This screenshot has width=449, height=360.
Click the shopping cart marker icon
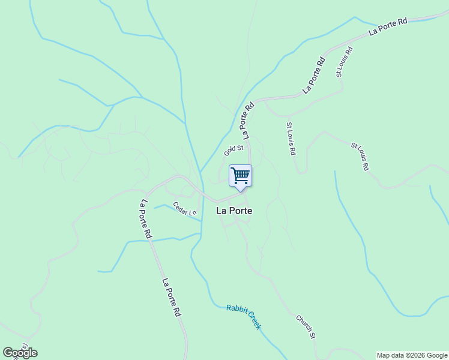[240, 176]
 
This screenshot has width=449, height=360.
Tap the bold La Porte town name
[234, 211]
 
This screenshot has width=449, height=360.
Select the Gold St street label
[234, 150]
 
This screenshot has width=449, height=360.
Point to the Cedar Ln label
[185, 209]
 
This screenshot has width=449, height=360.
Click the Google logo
[20, 353]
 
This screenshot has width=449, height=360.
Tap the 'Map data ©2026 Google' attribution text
[412, 355]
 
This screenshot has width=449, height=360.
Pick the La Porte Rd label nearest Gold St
[248, 122]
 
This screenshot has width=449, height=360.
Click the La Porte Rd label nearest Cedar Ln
[145, 220]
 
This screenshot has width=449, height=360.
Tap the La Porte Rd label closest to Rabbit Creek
[172, 298]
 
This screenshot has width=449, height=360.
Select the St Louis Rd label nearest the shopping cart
[291, 139]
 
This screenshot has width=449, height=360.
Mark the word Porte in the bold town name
[241, 211]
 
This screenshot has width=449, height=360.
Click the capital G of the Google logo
[8, 353]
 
